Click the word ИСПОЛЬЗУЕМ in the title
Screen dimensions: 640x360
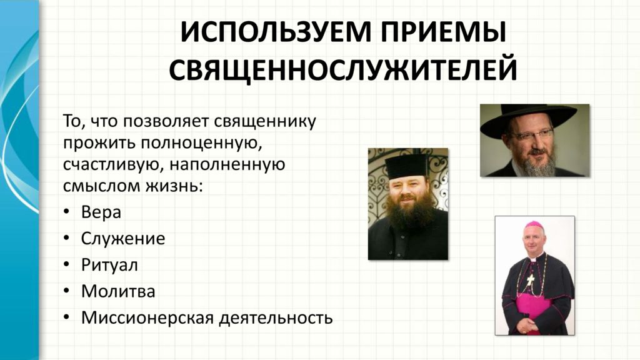pos(276,32)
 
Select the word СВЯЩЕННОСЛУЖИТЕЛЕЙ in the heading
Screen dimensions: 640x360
pos(343,70)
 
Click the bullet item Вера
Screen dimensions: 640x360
pos(101,212)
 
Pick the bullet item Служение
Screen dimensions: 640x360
pos(123,239)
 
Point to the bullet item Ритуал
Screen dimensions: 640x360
pos(109,265)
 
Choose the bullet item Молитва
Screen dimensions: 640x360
pos(118,291)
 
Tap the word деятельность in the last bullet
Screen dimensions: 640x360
pos(276,319)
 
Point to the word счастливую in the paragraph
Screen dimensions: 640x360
pos(114,165)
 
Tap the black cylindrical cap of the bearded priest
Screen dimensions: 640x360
pos(406,166)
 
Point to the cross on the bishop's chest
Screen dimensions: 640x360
pos(530,280)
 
